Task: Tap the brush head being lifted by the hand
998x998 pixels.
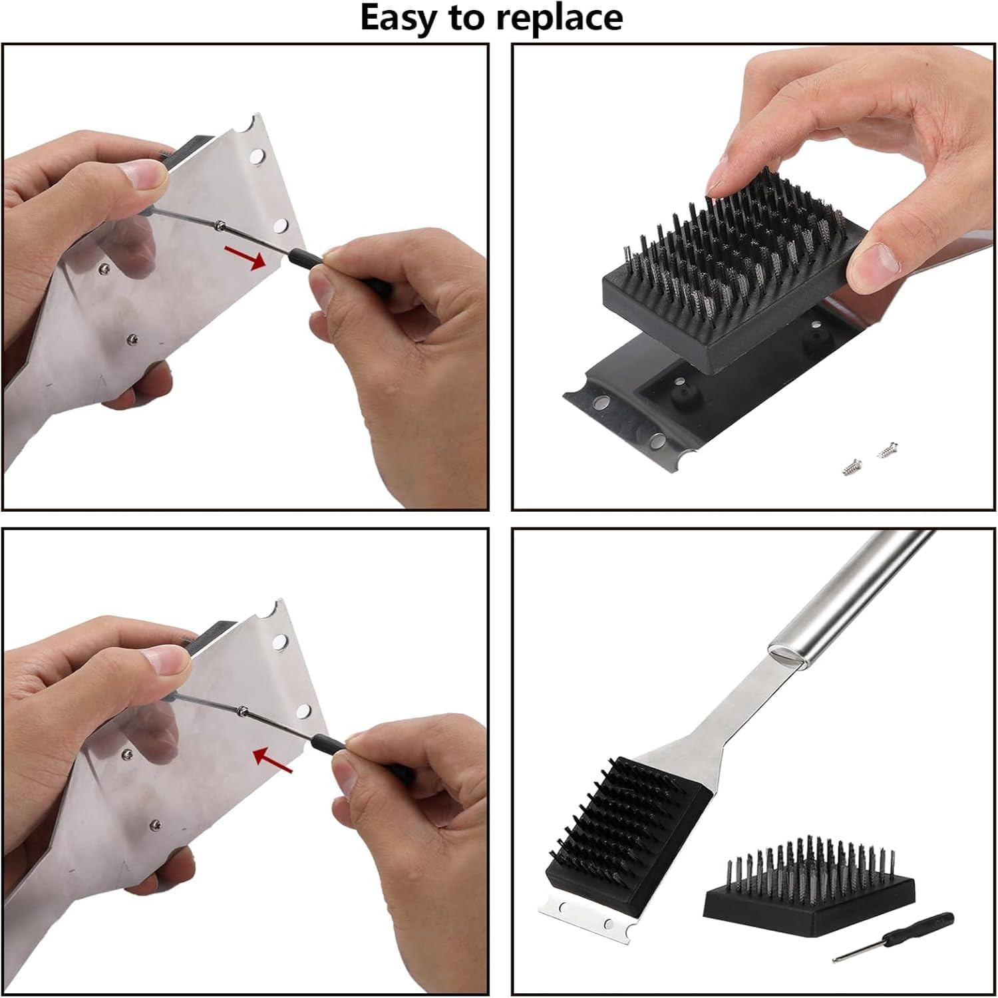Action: coord(725,266)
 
